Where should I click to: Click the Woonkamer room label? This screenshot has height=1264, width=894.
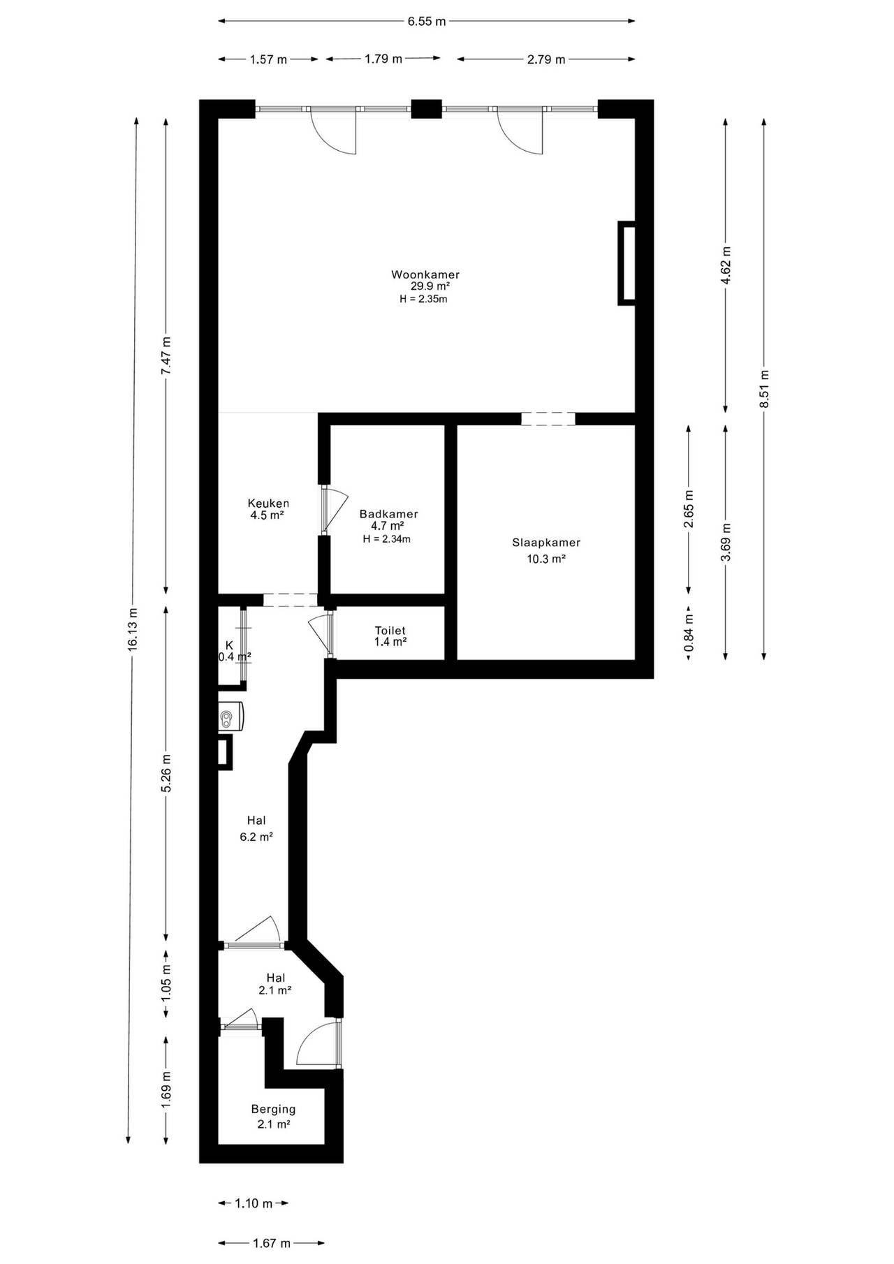[425, 274]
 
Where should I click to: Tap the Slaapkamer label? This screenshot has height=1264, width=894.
[546, 543]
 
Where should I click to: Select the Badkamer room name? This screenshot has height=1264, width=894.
[389, 514]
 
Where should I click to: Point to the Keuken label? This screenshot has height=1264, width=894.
[268, 504]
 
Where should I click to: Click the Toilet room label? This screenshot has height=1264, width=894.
[390, 631]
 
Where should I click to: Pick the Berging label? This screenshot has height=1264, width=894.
[274, 1109]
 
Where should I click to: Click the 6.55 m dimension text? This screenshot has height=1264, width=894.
[427, 21]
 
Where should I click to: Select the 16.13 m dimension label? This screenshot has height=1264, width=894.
[133, 630]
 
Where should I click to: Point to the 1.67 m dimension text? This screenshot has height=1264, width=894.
[272, 1244]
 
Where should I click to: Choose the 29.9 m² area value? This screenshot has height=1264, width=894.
[430, 286]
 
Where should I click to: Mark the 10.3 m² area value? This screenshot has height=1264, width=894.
[546, 559]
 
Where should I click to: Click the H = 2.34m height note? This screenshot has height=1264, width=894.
[387, 538]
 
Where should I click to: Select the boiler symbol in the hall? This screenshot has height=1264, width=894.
[231, 716]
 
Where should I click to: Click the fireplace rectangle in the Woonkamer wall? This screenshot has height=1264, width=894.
[626, 263]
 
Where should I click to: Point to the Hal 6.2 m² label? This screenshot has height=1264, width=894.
[256, 828]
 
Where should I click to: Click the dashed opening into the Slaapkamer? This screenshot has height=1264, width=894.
[548, 419]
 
